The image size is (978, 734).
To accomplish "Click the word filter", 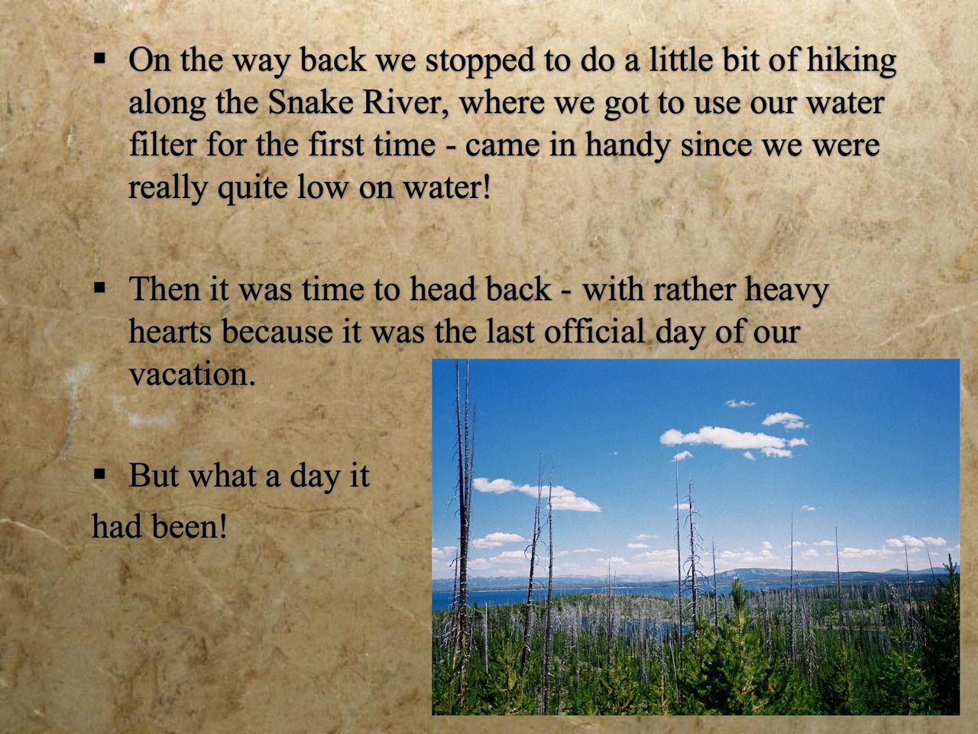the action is coord(162,145).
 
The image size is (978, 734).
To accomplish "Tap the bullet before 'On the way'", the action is coord(99,58).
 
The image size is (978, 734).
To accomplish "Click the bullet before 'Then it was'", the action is coord(99,288).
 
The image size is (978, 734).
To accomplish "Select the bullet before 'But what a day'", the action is coord(99,475).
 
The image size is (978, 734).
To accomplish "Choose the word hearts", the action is coord(170,331).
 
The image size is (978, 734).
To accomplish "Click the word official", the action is coord(594,331).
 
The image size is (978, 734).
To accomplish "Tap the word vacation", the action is coord(192,375).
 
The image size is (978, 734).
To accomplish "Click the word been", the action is coord(189,526).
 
